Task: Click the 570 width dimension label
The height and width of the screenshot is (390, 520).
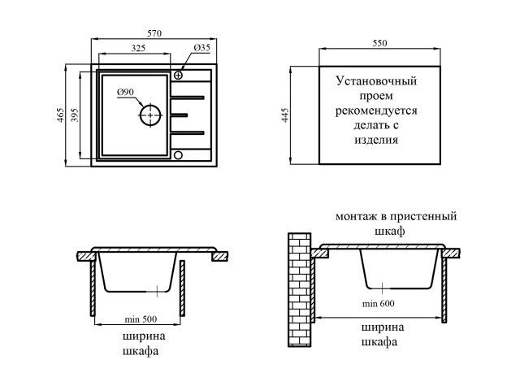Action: pos(154,33)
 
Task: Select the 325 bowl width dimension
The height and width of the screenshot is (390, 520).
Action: pos(138,48)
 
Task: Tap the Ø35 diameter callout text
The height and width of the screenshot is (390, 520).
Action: pos(202,48)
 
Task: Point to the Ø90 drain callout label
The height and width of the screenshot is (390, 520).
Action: pos(125,92)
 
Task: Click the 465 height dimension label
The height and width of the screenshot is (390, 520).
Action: pos(60,115)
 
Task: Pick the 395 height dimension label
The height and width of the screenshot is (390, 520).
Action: pos(75,115)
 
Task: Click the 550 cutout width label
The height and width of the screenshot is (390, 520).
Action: pos(379,43)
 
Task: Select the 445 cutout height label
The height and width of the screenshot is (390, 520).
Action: pos(285,115)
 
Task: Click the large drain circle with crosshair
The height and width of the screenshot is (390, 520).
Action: pos(150,115)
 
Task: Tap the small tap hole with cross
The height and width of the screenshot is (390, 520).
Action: pos(179,76)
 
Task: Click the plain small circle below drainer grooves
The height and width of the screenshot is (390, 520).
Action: pos(179,154)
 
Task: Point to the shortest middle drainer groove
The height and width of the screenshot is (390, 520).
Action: pos(179,115)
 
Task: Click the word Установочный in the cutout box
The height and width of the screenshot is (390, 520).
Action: pos(376,81)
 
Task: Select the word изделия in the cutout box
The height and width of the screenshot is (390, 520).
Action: pos(376,139)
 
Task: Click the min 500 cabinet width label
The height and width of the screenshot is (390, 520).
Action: pos(141,319)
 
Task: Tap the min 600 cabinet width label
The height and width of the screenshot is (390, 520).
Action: pos(379,303)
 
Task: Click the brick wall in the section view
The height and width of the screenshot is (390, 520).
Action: pos(300,290)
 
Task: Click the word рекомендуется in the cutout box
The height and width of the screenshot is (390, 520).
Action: pos(376,110)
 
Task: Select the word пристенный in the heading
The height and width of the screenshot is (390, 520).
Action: pos(423,217)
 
